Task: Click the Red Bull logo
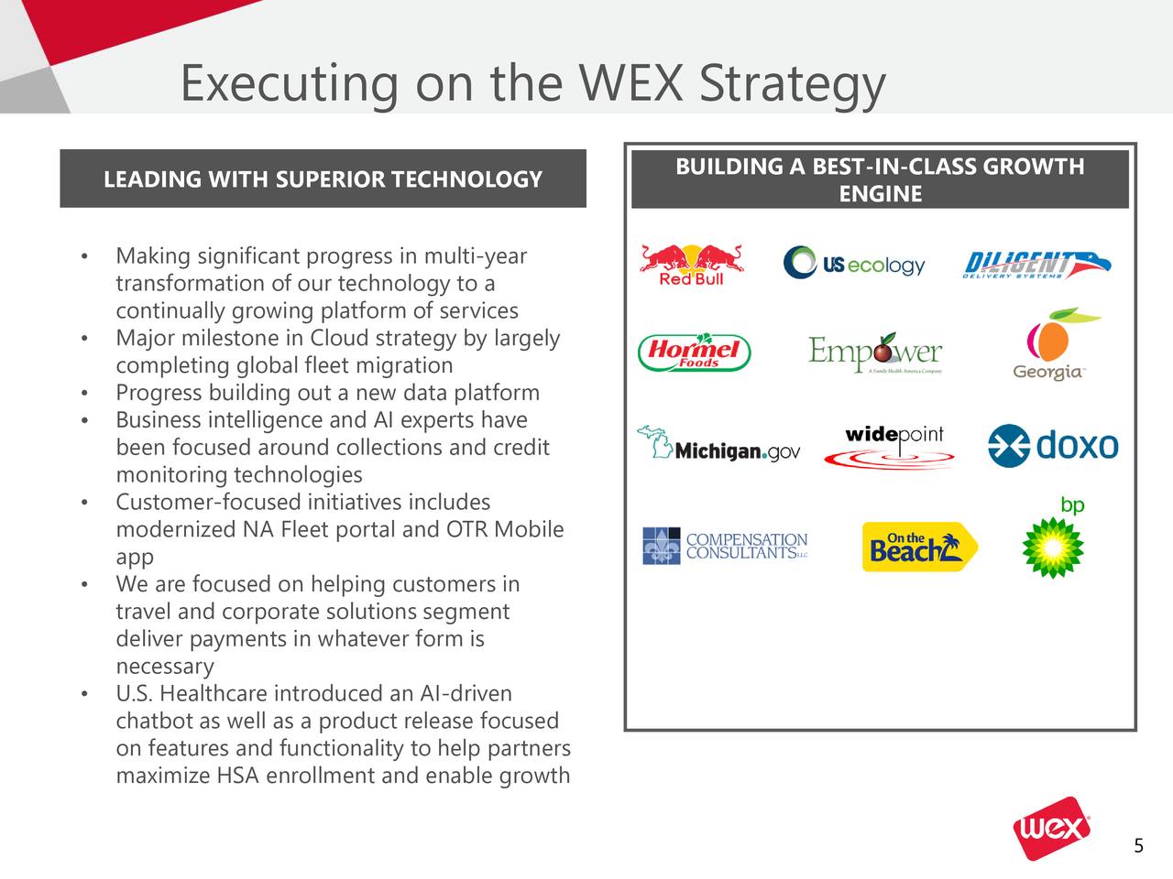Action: [692, 265]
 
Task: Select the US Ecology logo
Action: [854, 264]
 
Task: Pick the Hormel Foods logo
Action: [694, 353]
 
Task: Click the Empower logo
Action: [874, 353]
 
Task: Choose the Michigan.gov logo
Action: [719, 445]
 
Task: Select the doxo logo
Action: [1053, 446]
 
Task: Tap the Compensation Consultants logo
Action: [725, 546]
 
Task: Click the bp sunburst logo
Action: [1054, 547]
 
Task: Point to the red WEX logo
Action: [1052, 831]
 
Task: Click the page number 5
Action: [1138, 846]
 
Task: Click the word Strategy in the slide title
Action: [792, 84]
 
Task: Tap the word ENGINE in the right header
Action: [880, 194]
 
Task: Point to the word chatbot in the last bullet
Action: [151, 722]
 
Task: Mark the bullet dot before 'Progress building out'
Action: [84, 395]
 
